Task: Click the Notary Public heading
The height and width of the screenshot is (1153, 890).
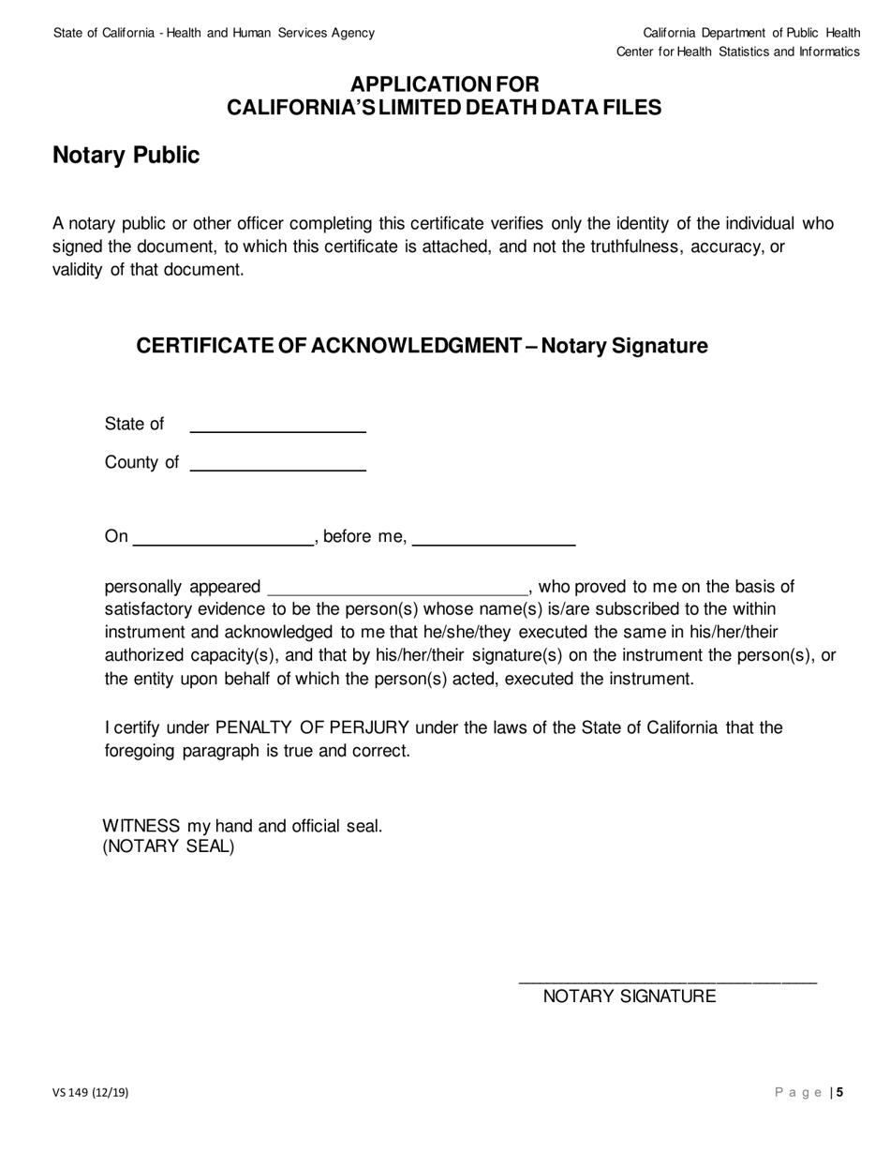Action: (x=126, y=156)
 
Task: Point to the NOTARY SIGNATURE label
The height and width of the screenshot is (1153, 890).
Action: (x=630, y=996)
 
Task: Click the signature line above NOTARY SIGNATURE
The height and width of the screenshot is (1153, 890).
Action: (x=667, y=981)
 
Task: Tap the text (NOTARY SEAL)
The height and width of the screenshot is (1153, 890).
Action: (x=169, y=846)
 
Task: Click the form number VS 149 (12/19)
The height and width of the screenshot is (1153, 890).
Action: (x=91, y=1092)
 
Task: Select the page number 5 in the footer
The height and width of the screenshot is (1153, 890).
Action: (x=840, y=1092)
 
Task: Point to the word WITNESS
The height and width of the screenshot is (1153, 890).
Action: (x=141, y=826)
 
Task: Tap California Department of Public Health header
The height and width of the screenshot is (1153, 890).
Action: (x=751, y=33)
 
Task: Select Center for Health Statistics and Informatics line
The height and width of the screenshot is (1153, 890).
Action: (x=737, y=52)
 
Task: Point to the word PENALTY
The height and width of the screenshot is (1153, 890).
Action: (x=256, y=727)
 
